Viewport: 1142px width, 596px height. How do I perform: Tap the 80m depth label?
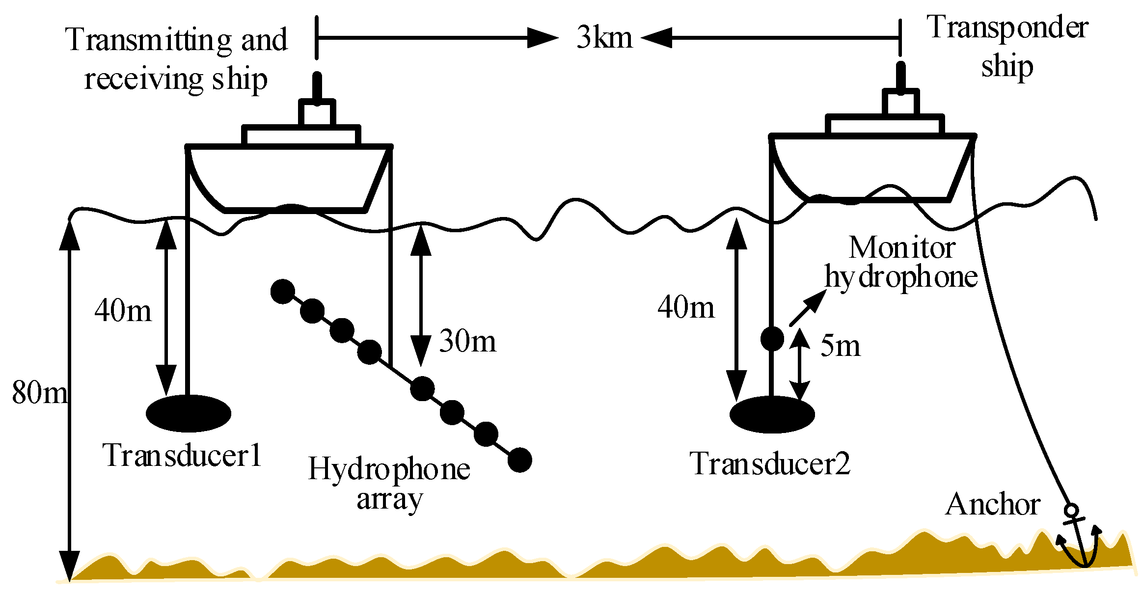pyautogui.click(x=39, y=392)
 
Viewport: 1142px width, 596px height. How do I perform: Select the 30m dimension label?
pyautogui.click(x=467, y=341)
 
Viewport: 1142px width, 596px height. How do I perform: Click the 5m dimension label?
pyautogui.click(x=840, y=346)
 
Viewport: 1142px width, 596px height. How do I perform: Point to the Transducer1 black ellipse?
pyautogui.click(x=189, y=413)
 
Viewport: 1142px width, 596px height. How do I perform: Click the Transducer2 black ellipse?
pyautogui.click(x=772, y=414)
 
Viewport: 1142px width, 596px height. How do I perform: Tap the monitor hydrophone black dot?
pyautogui.click(x=772, y=339)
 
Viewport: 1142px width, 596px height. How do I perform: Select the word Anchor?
pyautogui.click(x=992, y=504)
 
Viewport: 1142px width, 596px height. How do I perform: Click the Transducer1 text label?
pyautogui.click(x=182, y=455)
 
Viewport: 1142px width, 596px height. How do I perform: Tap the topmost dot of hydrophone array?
pyautogui.click(x=283, y=292)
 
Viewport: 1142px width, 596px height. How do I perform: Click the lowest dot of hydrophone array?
pyautogui.click(x=519, y=460)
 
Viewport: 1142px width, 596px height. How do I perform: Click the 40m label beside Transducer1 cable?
pyautogui.click(x=123, y=310)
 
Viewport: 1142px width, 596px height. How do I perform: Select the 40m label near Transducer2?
pyautogui.click(x=686, y=308)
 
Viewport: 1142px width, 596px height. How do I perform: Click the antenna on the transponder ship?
pyautogui.click(x=900, y=77)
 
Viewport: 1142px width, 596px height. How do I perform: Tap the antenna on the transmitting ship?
pyautogui.click(x=317, y=87)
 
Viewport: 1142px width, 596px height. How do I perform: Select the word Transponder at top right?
pyautogui.click(x=1007, y=27)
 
